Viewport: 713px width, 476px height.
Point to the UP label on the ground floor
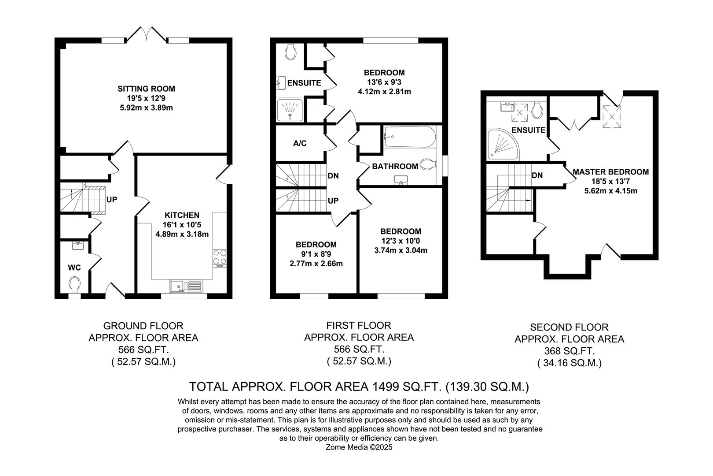[x=112, y=200]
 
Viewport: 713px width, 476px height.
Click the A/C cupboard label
[x=300, y=143]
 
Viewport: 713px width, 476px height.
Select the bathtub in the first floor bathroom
[x=409, y=137]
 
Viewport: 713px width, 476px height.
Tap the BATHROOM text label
[x=395, y=167]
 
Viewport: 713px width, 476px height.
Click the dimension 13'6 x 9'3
[x=384, y=82]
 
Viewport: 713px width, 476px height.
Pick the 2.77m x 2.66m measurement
[x=316, y=264]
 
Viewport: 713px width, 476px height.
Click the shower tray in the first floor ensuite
[x=290, y=109]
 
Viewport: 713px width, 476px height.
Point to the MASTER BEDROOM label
[x=610, y=172]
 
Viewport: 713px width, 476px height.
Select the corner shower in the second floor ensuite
[x=502, y=144]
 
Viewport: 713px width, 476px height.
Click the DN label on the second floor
[x=537, y=175]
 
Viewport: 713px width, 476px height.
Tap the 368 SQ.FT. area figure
[x=569, y=351]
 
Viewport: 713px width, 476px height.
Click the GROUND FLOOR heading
[x=143, y=326]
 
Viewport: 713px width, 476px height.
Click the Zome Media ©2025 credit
[x=359, y=447]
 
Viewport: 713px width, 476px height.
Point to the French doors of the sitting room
[x=146, y=34]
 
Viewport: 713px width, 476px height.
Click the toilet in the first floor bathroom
[x=426, y=165]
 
